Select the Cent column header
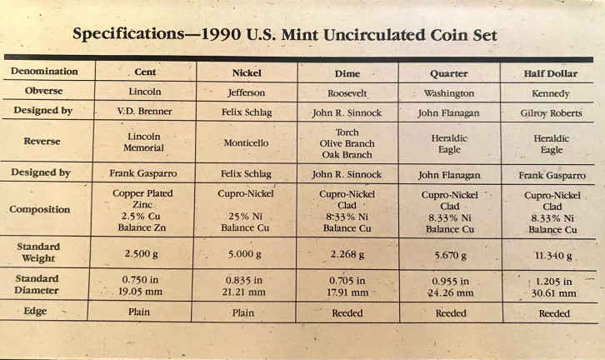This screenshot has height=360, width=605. [x=145, y=72]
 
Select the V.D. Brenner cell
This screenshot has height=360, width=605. [x=145, y=110]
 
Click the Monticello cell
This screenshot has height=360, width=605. [x=247, y=142]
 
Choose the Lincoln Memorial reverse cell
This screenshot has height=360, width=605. [x=145, y=142]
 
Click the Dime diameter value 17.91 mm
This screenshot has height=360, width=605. [x=347, y=292]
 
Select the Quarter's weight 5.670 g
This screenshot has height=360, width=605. [x=449, y=256]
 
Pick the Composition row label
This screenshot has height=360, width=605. [x=40, y=209]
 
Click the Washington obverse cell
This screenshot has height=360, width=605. [x=449, y=93]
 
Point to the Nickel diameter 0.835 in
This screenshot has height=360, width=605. [x=247, y=280]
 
